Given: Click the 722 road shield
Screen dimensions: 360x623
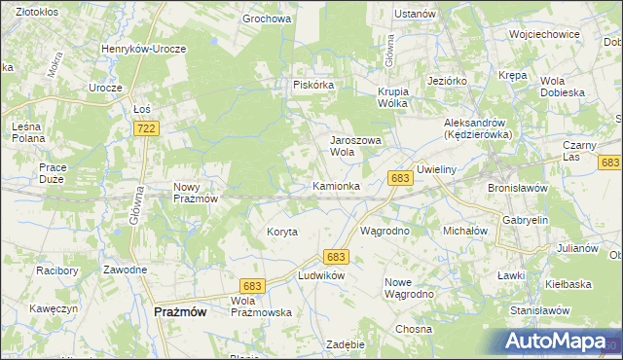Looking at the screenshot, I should (x=147, y=128).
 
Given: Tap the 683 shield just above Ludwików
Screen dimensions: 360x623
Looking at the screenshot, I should (x=337, y=256).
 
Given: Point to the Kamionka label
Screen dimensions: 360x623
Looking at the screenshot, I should (x=337, y=185).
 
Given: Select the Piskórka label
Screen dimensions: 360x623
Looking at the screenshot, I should (x=313, y=85).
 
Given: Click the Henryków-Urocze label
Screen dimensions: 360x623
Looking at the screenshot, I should (x=157, y=48).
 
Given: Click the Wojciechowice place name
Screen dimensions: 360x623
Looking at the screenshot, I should (x=544, y=33).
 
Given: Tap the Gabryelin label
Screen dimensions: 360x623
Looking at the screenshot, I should (x=526, y=220).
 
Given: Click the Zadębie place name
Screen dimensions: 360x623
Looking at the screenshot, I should (x=346, y=344).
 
